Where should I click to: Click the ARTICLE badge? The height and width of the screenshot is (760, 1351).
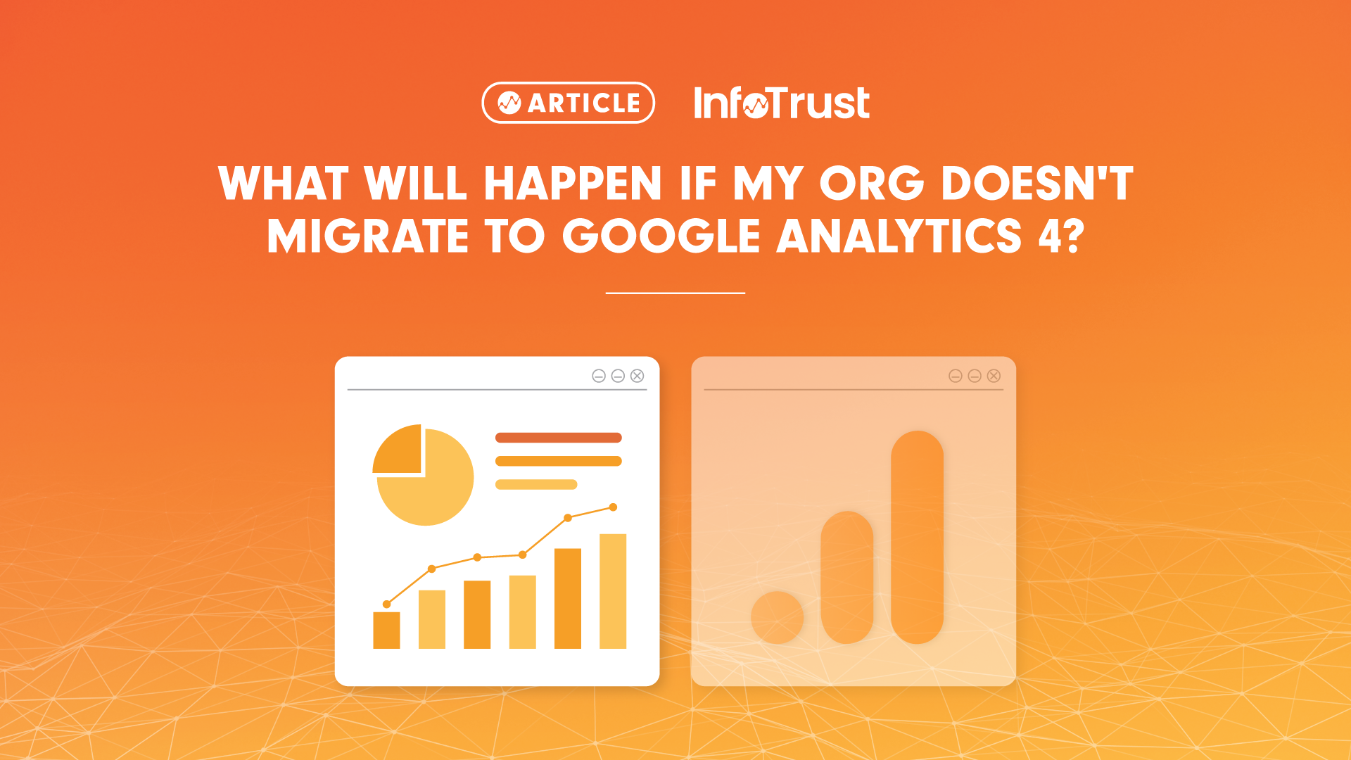click(x=568, y=103)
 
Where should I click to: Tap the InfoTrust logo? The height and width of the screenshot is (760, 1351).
click(x=781, y=103)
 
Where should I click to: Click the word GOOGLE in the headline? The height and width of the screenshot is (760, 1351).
click(x=661, y=236)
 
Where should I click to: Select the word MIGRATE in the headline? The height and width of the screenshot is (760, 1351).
click(x=367, y=236)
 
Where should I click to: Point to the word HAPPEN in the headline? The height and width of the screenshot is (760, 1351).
click(x=573, y=184)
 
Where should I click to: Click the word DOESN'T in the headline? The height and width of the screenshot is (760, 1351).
click(x=1036, y=184)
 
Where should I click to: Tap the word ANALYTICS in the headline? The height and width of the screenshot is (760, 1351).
click(x=899, y=236)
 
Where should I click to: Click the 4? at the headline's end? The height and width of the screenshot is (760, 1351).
click(x=1061, y=236)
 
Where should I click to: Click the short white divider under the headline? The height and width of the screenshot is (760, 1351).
click(x=675, y=293)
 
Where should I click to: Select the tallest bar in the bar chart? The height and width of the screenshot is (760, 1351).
click(x=613, y=591)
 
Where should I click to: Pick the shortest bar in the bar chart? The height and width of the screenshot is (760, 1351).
click(x=386, y=630)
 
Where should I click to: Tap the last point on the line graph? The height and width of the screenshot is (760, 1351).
click(x=613, y=507)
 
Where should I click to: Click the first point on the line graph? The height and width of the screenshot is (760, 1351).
click(x=386, y=604)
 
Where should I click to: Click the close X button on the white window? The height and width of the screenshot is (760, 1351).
click(x=637, y=376)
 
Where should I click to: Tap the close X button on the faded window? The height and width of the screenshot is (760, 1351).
click(x=994, y=376)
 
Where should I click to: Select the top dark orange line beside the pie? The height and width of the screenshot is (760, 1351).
click(x=558, y=438)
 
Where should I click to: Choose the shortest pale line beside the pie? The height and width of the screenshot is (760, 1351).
click(x=536, y=484)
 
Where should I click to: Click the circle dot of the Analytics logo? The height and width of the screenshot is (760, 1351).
click(x=777, y=617)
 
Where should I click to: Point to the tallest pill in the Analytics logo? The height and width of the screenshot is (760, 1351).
click(x=917, y=537)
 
